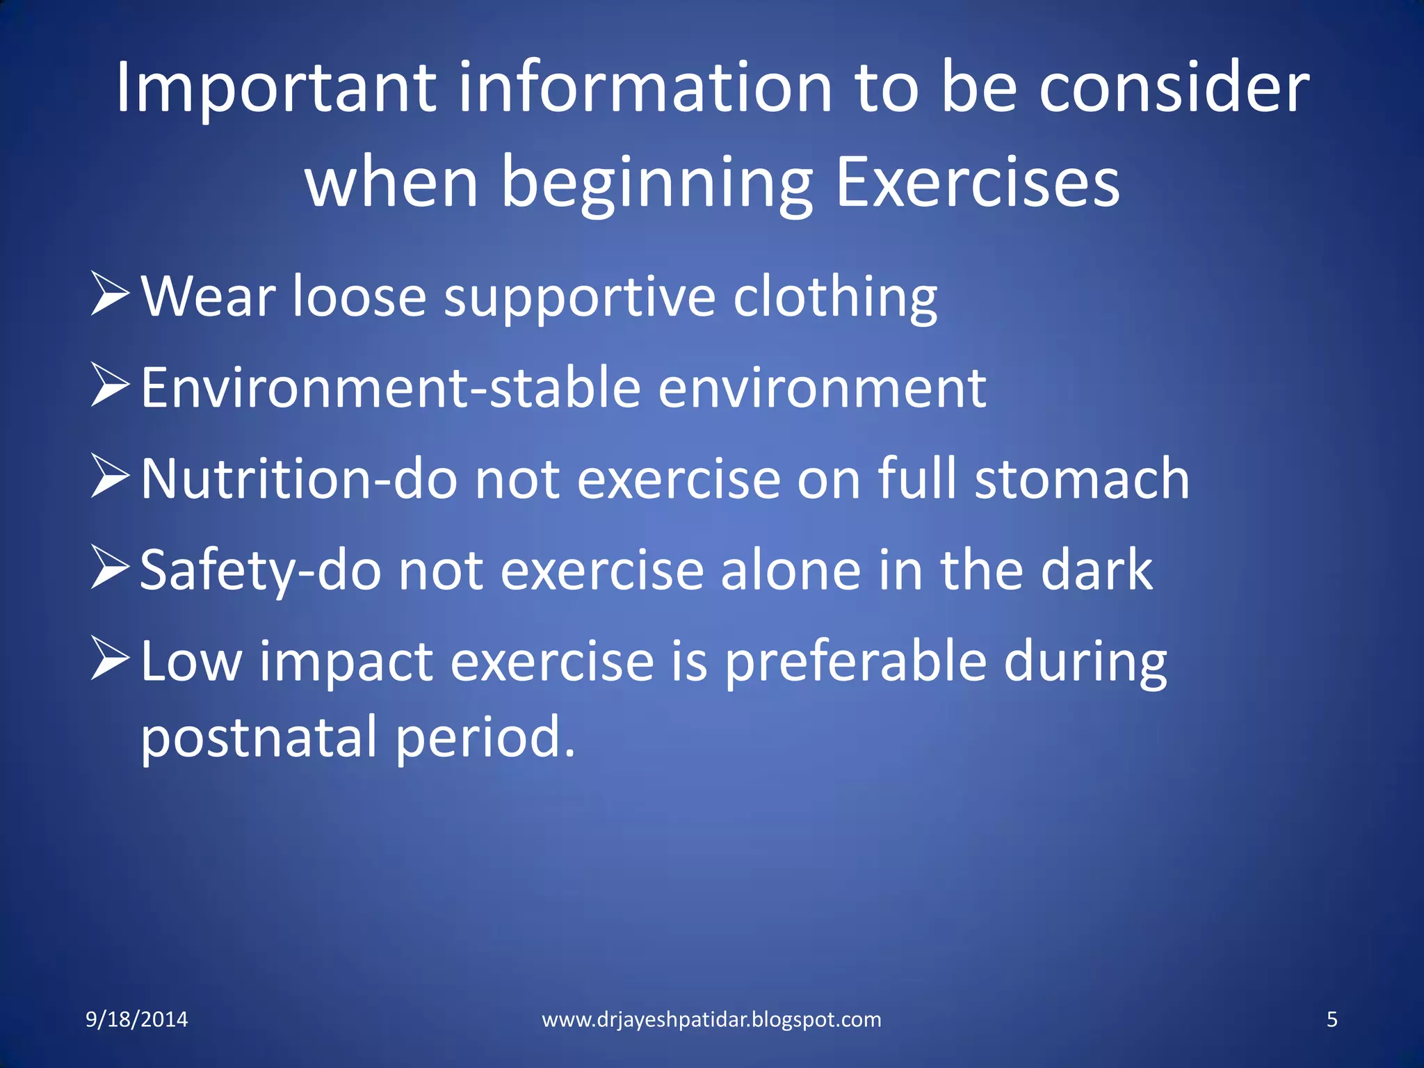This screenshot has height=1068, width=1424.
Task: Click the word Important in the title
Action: [275, 88]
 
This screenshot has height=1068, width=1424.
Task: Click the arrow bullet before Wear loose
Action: [110, 295]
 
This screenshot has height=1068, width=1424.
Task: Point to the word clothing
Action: [834, 298]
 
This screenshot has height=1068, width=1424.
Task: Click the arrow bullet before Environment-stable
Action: [110, 387]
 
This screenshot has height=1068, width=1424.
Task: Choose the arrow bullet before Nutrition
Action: [110, 478]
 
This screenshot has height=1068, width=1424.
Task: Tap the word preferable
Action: [855, 661]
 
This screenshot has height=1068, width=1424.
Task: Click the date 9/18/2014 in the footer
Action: [136, 1019]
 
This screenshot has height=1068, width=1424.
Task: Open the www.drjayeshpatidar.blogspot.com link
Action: [711, 1019]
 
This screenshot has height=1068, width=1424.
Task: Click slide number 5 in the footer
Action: [1332, 1019]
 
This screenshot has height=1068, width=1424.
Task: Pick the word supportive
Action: [579, 298]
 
